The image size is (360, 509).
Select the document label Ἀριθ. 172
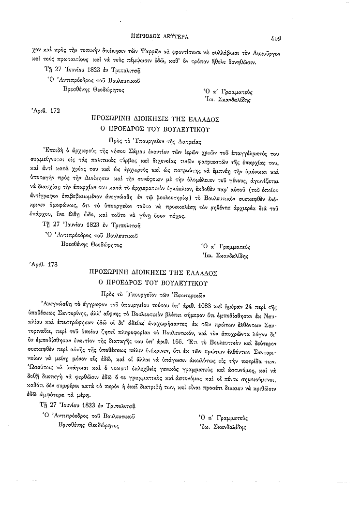[45, 110]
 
